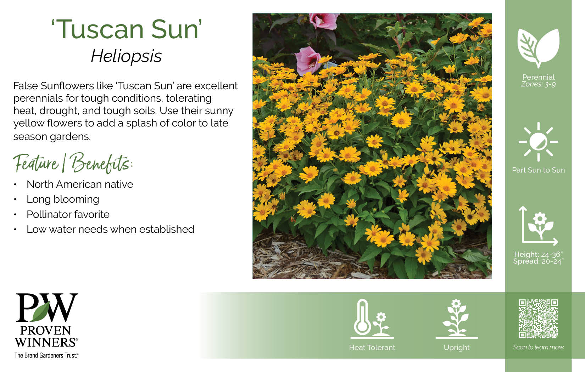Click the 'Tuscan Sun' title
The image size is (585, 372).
coord(127,29)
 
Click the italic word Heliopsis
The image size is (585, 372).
coord(126,56)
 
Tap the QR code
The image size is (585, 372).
coord(538,319)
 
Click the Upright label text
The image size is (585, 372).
coord(457,348)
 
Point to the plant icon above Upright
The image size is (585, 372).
coord(456,319)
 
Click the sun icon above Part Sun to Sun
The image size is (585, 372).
coord(538,142)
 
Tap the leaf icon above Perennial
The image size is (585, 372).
coord(538,48)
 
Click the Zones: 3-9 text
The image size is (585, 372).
coord(538,84)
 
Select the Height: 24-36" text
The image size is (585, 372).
coord(538,254)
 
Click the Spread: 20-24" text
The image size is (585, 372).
coord(538,261)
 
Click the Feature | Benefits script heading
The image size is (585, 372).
coord(73,163)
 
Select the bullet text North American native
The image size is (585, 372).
coord(80,184)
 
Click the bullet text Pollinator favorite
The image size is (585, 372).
coord(68,214)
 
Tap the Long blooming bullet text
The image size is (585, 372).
coord(63,199)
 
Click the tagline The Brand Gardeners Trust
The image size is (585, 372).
coord(46,355)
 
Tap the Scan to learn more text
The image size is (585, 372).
coord(538,347)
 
